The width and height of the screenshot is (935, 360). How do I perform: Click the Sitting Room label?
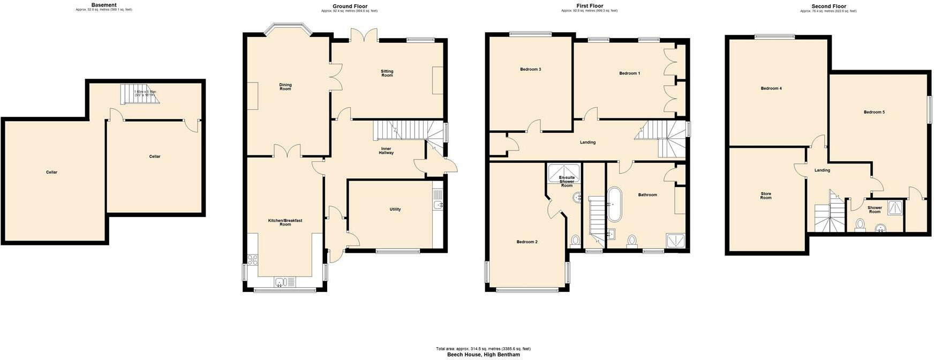[x=387, y=73]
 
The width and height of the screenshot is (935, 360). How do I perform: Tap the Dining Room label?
[x=285, y=87]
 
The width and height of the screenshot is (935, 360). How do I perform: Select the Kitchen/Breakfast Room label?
[x=285, y=222]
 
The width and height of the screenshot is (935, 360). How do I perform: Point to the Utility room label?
[x=395, y=209]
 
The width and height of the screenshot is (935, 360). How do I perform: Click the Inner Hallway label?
[x=386, y=151]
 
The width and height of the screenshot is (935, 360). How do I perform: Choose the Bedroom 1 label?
[x=630, y=73]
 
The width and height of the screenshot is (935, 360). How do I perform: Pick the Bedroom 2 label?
[x=527, y=242]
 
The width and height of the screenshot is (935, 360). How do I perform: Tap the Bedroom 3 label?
[x=530, y=70]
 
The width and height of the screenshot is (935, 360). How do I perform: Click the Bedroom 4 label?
[x=771, y=88]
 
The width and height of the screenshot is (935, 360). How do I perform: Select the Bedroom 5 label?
[x=874, y=112]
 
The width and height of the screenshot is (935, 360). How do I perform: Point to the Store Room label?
[x=766, y=196]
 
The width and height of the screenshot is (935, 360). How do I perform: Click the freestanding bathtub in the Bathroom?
[x=614, y=205]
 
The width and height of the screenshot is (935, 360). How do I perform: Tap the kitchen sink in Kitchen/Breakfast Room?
[x=282, y=282]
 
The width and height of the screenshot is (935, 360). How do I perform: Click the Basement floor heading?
[x=104, y=5]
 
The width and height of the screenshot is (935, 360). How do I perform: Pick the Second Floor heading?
[x=828, y=6]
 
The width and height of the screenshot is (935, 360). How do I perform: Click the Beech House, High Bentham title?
[x=483, y=355]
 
